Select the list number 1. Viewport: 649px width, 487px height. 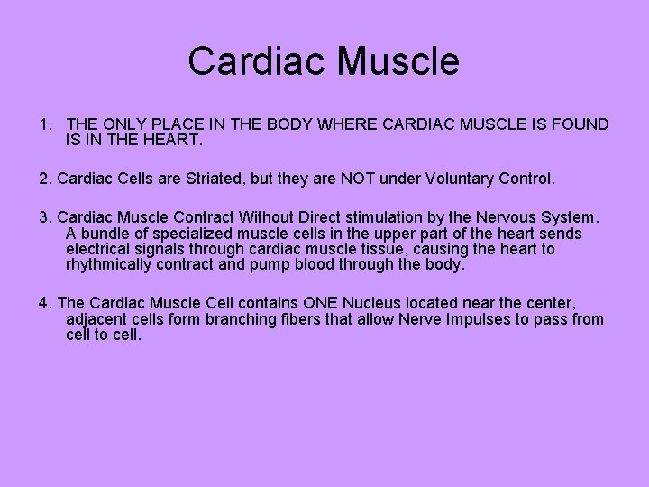tap(44, 124)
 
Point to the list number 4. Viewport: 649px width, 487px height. tap(44, 303)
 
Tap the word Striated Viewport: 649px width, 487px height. tap(212, 179)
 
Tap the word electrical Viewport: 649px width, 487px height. tap(99, 250)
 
